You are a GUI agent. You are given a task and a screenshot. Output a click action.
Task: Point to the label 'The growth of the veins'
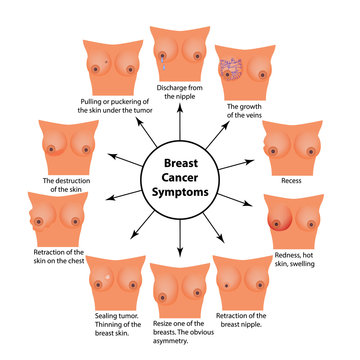click(x=245, y=112)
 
